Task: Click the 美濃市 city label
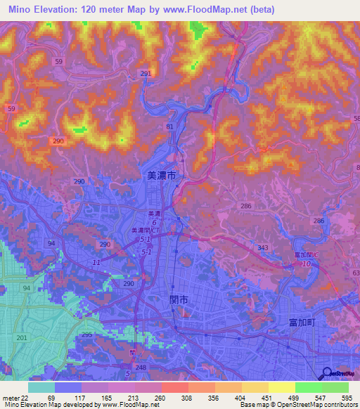(161, 178)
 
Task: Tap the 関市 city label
(179, 299)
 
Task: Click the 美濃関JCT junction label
(147, 230)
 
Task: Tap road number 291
(146, 74)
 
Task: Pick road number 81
(169, 126)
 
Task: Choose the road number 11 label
(96, 262)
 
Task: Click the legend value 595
(345, 398)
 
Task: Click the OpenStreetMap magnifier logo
(327, 373)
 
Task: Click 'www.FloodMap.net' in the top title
(209, 10)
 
